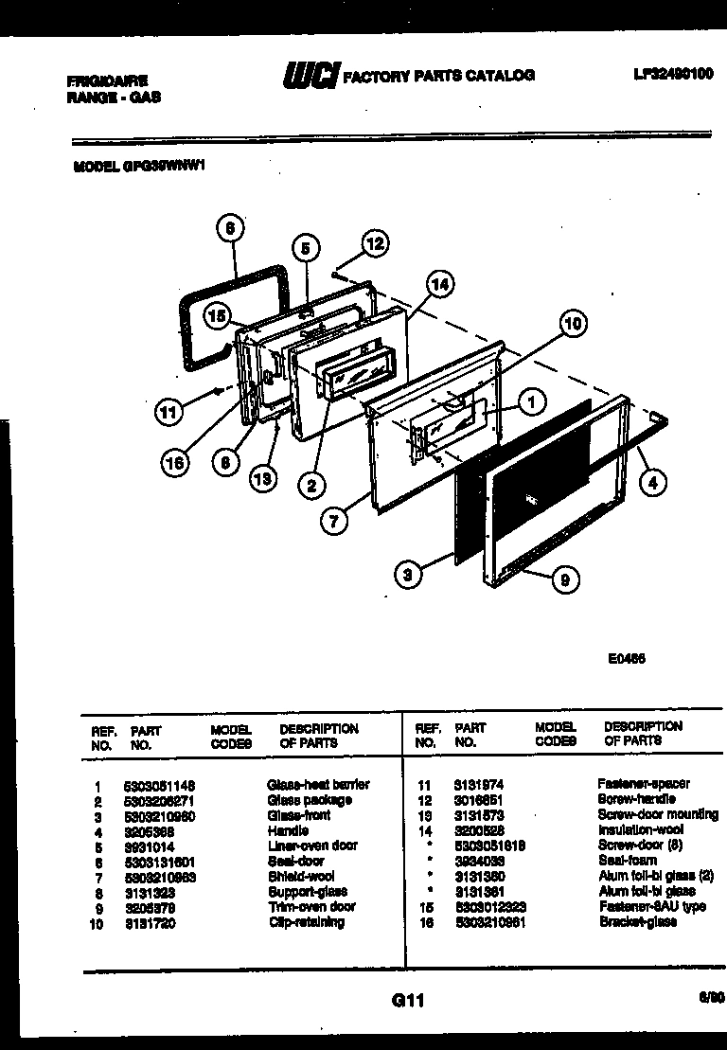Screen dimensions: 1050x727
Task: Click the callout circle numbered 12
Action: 375,243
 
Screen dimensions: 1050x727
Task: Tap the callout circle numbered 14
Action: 438,283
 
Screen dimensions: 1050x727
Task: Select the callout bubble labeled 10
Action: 571,323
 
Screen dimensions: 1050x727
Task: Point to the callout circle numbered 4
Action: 650,481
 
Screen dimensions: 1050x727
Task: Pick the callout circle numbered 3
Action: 408,574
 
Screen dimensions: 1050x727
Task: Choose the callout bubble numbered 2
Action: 310,486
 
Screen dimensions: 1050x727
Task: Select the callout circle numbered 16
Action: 174,462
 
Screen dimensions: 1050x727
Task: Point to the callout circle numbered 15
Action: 219,317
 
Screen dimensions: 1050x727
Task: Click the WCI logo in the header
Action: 310,76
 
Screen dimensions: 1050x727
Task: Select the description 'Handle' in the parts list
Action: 288,830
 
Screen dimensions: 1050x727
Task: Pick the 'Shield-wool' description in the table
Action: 300,877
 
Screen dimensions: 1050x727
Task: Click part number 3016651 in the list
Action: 478,799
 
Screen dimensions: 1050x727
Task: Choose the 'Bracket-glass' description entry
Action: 638,922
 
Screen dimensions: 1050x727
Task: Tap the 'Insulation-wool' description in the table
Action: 641,830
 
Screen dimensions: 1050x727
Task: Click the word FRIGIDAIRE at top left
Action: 107,81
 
